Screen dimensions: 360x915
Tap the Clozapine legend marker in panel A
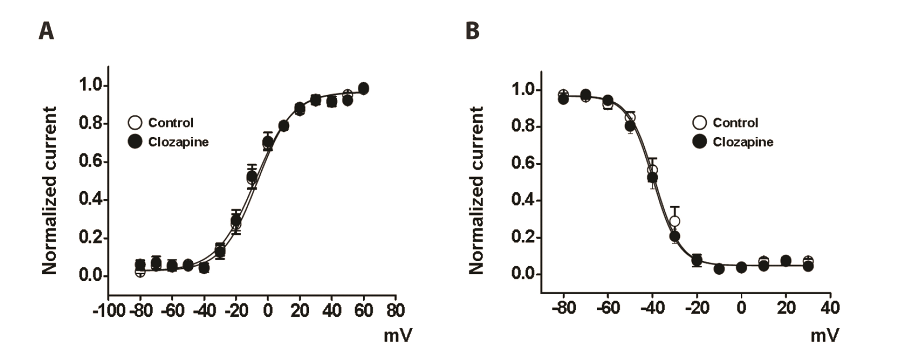coord(135,142)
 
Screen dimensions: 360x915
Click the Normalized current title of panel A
coord(49,191)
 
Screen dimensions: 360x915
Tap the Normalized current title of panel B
coord(476,191)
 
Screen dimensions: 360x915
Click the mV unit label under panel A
coord(398,336)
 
